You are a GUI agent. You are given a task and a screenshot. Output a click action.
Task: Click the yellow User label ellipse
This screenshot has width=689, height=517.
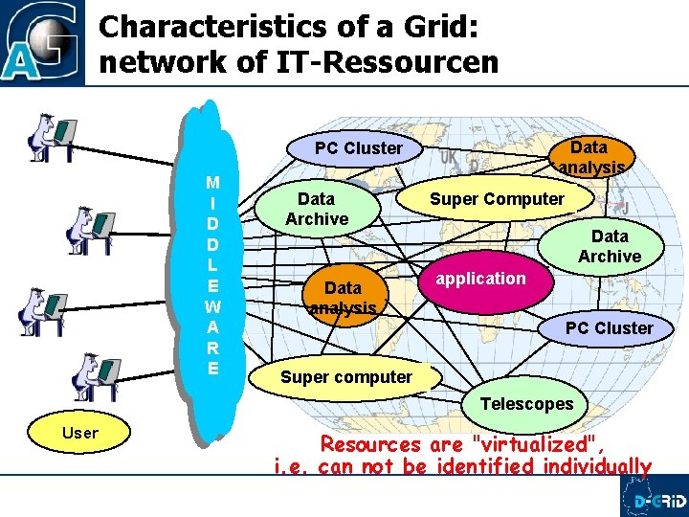[x=79, y=433]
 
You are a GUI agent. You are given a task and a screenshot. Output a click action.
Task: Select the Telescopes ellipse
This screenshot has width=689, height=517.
[x=526, y=404]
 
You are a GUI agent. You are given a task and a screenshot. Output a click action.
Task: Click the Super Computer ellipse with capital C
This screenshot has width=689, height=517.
[x=497, y=199]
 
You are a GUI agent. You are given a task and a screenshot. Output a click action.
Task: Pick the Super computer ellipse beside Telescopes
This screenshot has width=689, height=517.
[x=345, y=377]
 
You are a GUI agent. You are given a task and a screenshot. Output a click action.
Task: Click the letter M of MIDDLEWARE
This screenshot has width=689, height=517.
[x=212, y=183]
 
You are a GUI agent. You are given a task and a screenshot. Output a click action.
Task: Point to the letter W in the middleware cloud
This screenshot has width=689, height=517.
[x=212, y=307]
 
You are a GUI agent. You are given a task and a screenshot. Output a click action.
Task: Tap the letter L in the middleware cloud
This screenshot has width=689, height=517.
[x=212, y=263]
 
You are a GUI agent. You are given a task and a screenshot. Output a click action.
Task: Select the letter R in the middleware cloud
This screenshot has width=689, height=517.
[x=212, y=348]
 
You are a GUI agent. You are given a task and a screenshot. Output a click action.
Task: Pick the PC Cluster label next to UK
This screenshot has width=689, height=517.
[x=359, y=148]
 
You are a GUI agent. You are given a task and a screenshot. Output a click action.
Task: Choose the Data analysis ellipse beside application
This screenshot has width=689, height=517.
[x=343, y=298]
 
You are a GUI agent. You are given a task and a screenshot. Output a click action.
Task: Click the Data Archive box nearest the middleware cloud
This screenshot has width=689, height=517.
[x=317, y=209]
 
